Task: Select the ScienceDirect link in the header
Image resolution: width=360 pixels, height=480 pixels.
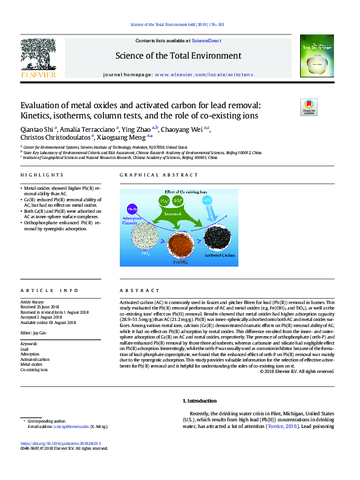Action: (206, 41)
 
